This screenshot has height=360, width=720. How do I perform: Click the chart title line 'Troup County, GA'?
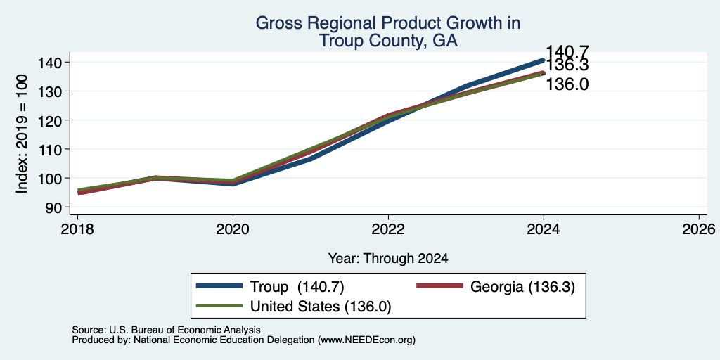pos(387,40)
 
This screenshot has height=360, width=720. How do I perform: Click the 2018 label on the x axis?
pos(77,229)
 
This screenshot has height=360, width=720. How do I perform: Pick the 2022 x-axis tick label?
pos(388,229)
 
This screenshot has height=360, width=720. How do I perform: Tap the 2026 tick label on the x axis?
pos(699,229)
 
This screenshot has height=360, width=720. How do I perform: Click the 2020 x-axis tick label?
pos(233,229)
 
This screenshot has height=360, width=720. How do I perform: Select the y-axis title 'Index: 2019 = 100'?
pos(22,134)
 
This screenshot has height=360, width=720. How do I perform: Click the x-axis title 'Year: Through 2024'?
pos(388,259)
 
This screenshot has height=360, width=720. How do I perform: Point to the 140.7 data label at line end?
pos(567,52)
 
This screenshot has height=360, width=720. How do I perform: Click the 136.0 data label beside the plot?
pos(567,84)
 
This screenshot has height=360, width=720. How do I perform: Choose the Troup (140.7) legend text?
pos(297,287)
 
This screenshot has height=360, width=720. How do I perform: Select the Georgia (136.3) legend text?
pos(522,287)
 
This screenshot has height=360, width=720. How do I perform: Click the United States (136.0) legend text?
pos(320,307)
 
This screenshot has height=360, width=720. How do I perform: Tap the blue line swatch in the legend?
pos(219,286)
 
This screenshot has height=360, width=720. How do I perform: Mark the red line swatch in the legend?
pos(439,286)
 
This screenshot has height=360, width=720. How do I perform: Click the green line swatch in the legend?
pos(219,306)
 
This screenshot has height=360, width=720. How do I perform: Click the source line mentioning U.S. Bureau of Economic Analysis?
pos(166,330)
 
